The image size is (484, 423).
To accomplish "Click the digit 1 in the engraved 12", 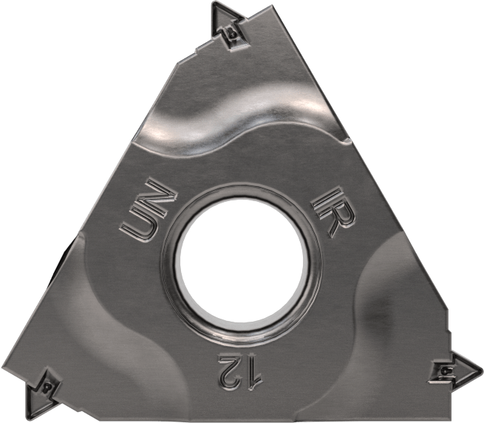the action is pyautogui.click(x=253, y=373).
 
